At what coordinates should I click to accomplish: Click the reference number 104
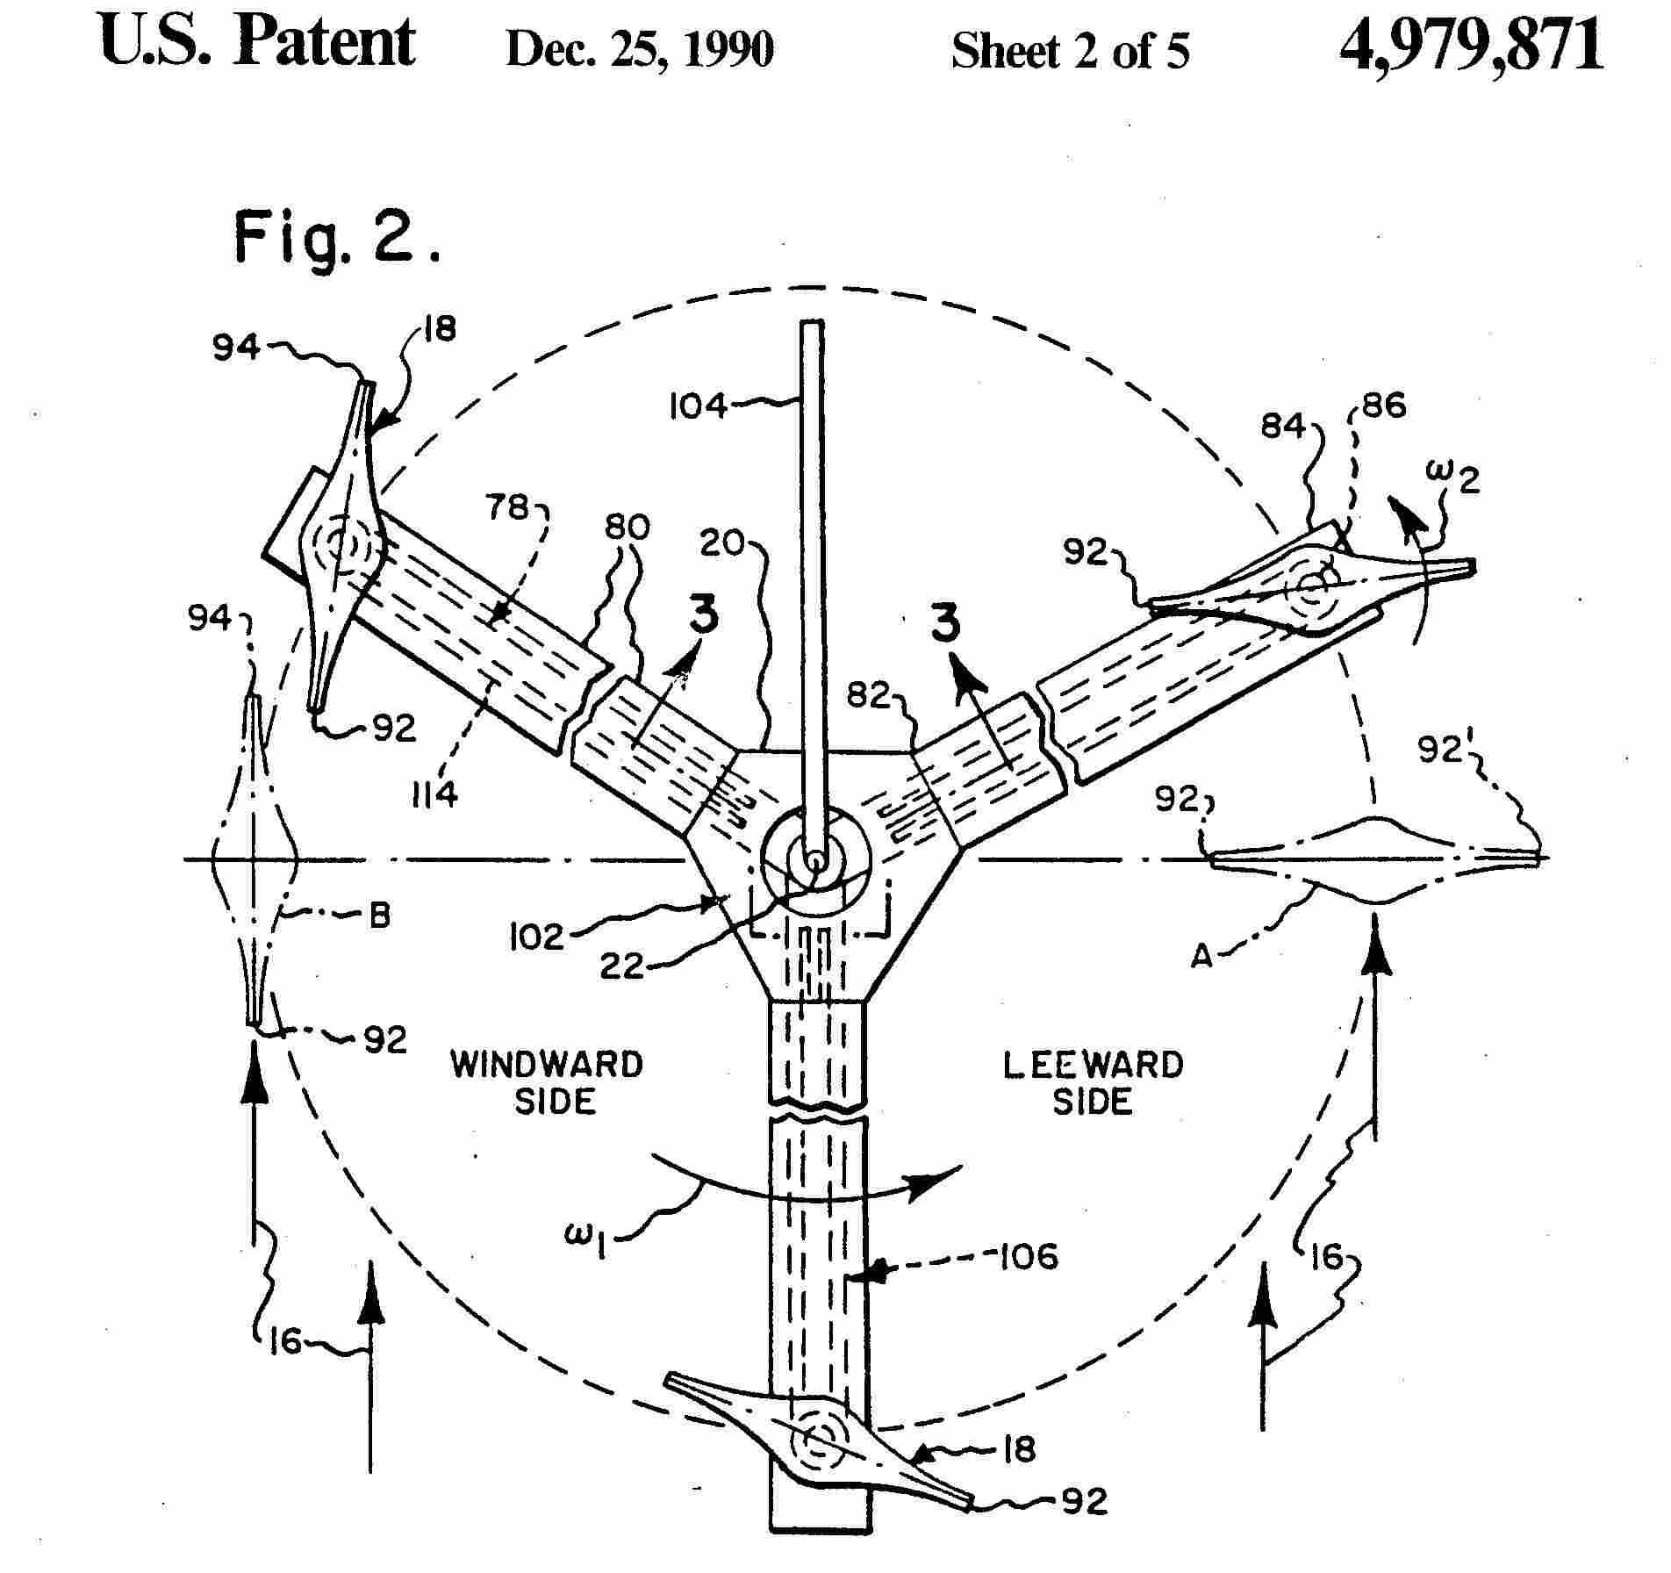pyautogui.click(x=699, y=406)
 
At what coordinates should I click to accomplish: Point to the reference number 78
pyautogui.click(x=507, y=508)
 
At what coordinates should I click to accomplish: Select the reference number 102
pyautogui.click(x=536, y=937)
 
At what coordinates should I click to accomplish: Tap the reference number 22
pyautogui.click(x=624, y=966)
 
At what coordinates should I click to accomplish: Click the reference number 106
pyautogui.click(x=1029, y=1257)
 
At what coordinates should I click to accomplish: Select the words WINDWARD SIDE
pyautogui.click(x=547, y=1082)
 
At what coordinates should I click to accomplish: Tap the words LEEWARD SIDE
pyautogui.click(x=1094, y=1082)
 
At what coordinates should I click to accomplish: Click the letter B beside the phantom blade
pyautogui.click(x=379, y=916)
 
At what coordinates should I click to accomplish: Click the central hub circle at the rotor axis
pyautogui.click(x=814, y=859)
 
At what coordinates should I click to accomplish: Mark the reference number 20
pyautogui.click(x=722, y=545)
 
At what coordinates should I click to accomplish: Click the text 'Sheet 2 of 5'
pyautogui.click(x=1071, y=50)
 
